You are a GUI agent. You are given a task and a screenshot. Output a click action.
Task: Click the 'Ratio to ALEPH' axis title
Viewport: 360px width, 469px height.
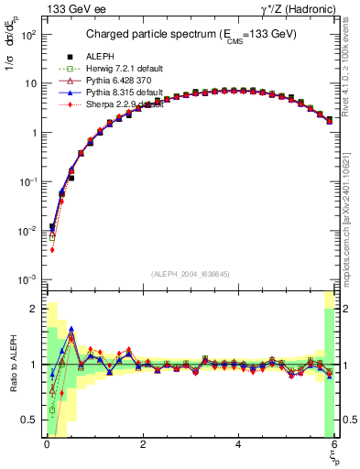(13, 365)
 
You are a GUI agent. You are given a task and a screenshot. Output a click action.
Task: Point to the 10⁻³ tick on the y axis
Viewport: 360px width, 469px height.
(27, 278)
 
